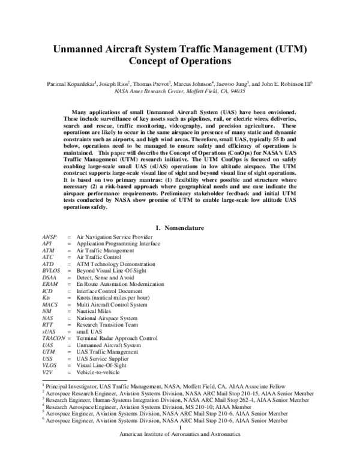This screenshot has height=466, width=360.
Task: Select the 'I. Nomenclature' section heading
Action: tap(180, 228)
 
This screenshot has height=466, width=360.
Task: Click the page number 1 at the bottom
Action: tap(180, 428)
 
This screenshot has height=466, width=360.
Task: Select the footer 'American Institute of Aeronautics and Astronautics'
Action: tap(180, 434)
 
